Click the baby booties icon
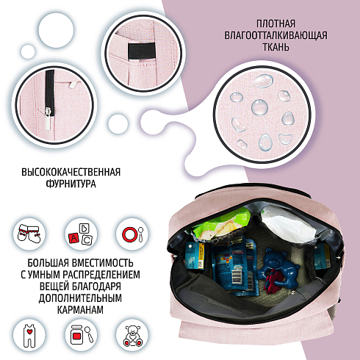pyautogui.click(x=29, y=233)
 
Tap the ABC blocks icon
pyautogui.click(x=81, y=234)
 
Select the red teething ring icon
pyautogui.click(x=132, y=234)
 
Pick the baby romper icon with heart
pyautogui.click(x=29, y=336)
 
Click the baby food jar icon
pyautogui.click(x=82, y=334)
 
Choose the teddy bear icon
pyautogui.click(x=132, y=336)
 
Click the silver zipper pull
pyautogui.click(x=48, y=118)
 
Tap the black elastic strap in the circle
pyautogui.click(x=142, y=51)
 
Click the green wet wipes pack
pyautogui.click(x=220, y=224)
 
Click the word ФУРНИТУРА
pyautogui.click(x=71, y=184)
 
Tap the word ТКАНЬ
pyautogui.click(x=276, y=46)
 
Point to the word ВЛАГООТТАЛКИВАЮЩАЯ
pyautogui.click(x=276, y=35)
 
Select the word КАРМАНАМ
pyautogui.click(x=80, y=309)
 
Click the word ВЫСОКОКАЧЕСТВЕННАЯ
pyautogui.click(x=71, y=172)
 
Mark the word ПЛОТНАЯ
pyautogui.click(x=276, y=24)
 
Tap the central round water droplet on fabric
pyautogui.click(x=259, y=107)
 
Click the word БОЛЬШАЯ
pyautogui.click(x=48, y=263)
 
